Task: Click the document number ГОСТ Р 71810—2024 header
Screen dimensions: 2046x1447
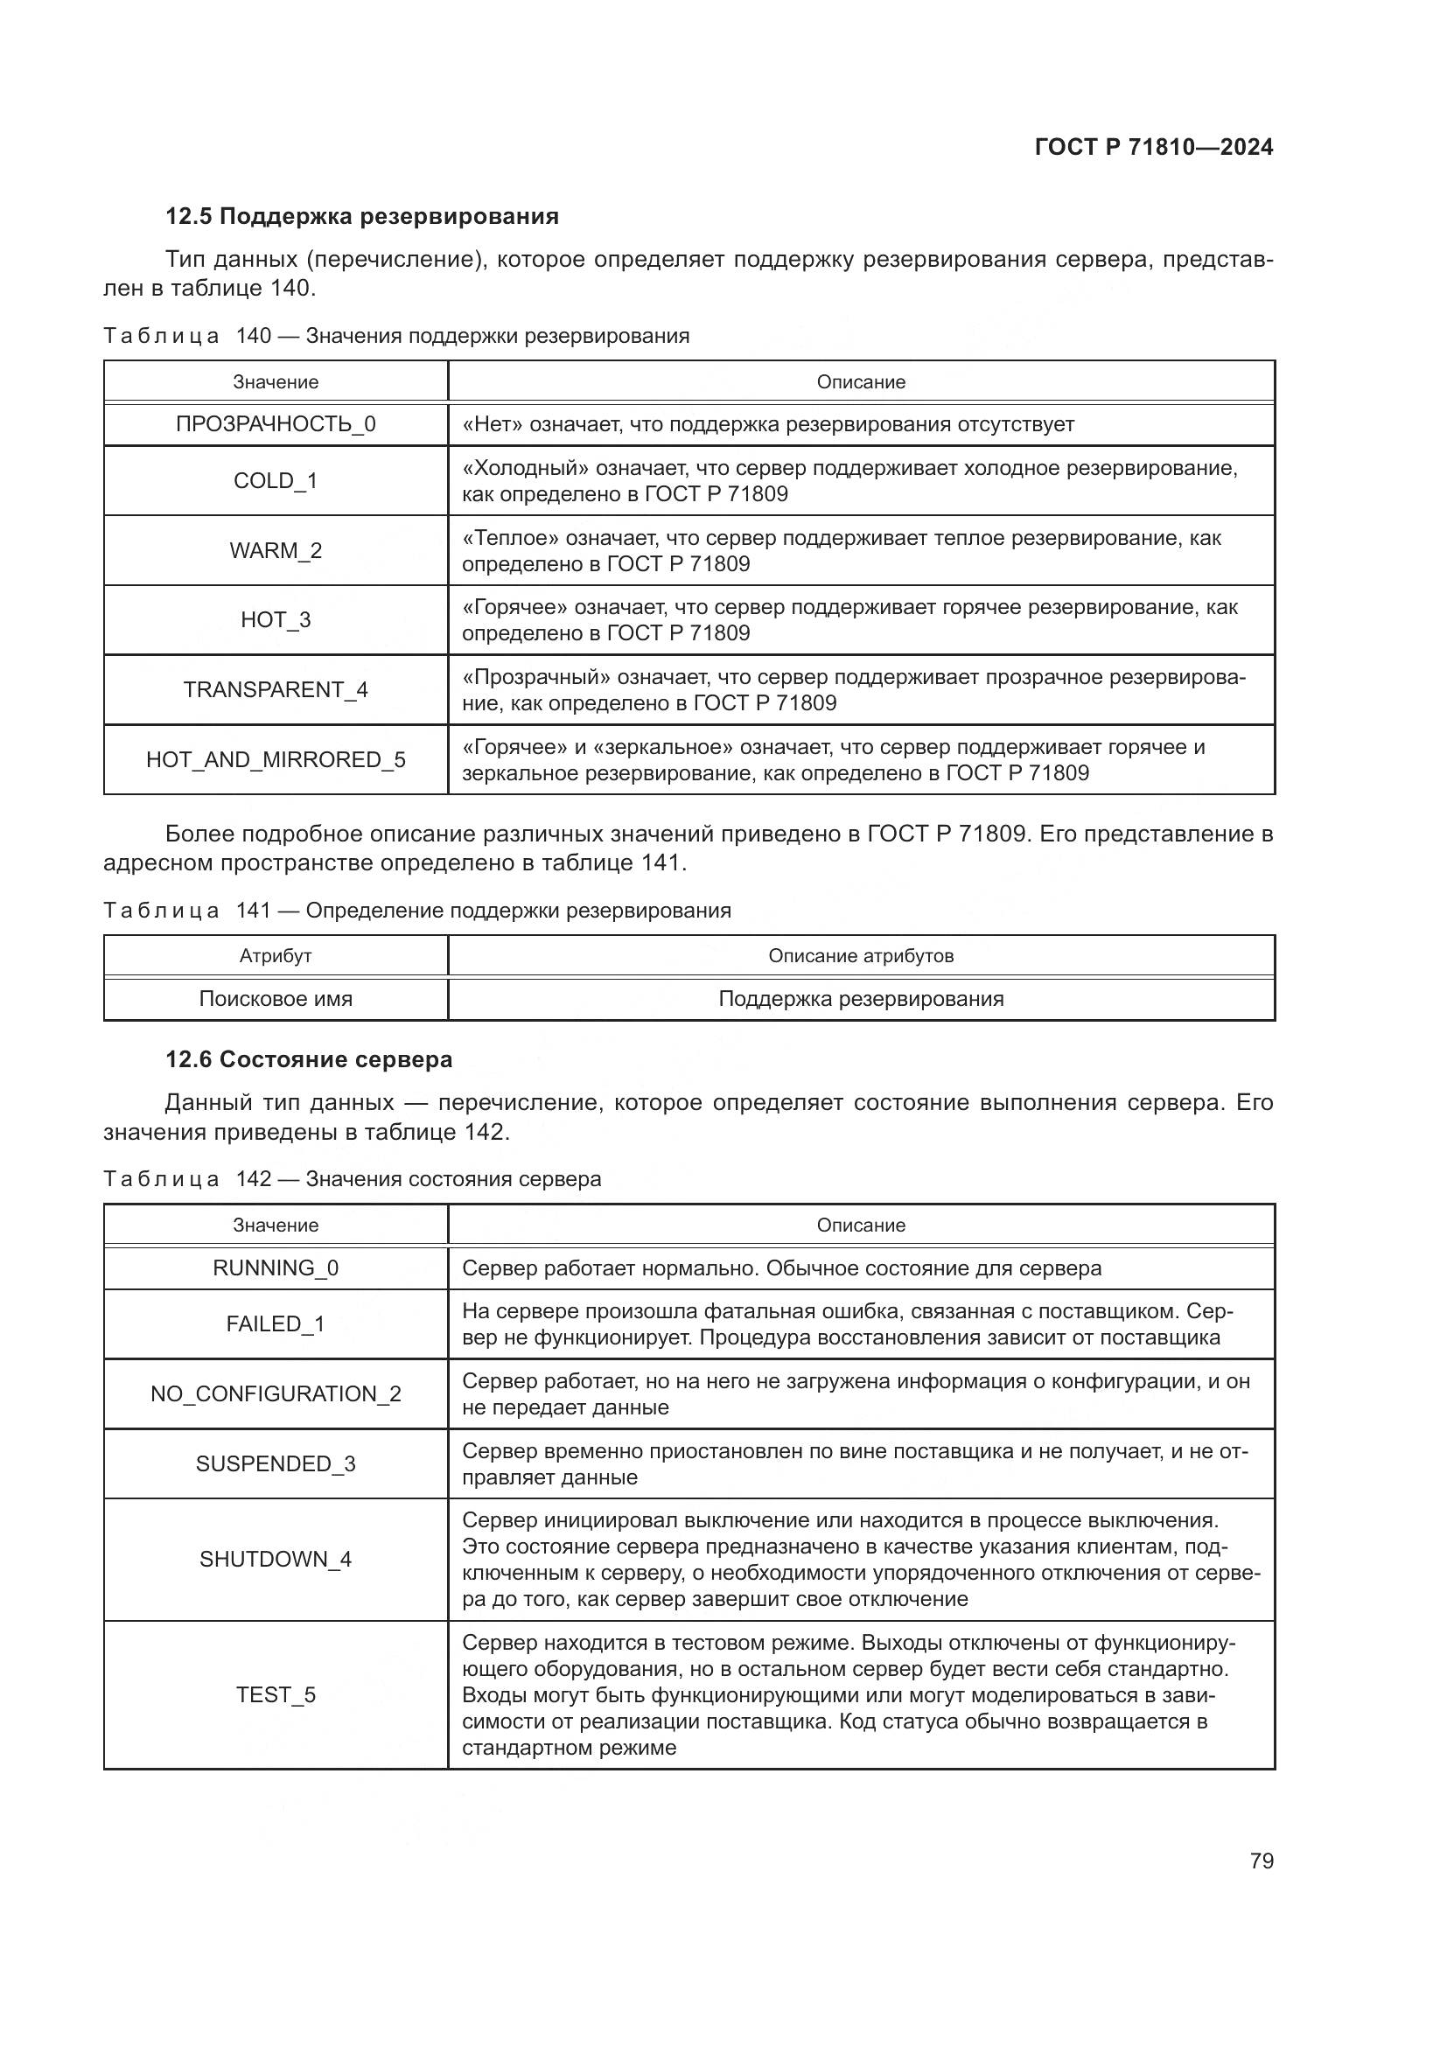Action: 1153,147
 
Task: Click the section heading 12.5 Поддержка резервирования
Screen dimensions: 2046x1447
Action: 362,217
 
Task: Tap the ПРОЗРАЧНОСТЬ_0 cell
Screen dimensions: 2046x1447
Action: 276,424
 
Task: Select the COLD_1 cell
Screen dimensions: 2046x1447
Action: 276,481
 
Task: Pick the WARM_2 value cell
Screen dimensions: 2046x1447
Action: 276,551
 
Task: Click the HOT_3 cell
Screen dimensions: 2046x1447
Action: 276,620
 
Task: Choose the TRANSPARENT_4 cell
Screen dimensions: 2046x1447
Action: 276,689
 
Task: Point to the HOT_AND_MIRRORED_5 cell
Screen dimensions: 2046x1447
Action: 276,759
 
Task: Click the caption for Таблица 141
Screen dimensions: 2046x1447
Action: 417,910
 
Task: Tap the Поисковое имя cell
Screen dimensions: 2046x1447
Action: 276,999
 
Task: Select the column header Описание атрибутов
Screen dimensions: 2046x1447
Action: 861,956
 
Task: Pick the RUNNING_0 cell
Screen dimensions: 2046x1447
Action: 276,1268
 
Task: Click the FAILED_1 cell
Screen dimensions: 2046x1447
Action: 276,1324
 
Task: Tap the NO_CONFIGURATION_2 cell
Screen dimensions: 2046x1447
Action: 276,1393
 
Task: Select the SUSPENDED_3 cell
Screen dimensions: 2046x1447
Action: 276,1464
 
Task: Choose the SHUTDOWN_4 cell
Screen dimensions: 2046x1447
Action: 276,1560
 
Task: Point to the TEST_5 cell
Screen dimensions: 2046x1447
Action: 276,1695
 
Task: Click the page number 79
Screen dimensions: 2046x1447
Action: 1261,1861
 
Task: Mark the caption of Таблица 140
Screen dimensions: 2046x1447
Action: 396,336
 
